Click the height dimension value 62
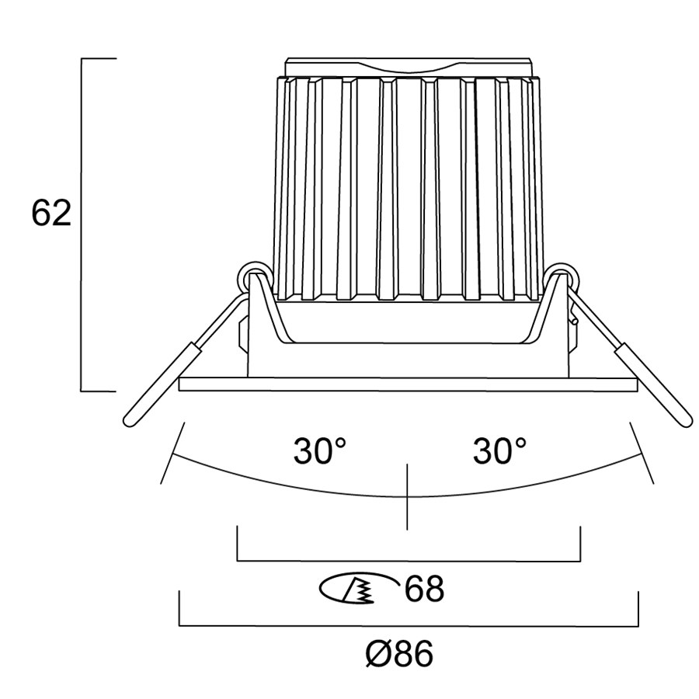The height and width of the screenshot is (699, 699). [51, 213]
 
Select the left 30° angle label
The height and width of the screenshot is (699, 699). [319, 450]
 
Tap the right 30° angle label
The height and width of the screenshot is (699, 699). [499, 450]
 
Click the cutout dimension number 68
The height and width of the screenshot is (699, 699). [424, 589]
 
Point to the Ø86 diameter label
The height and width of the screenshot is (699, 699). [399, 654]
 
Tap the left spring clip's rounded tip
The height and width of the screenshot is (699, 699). [129, 420]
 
